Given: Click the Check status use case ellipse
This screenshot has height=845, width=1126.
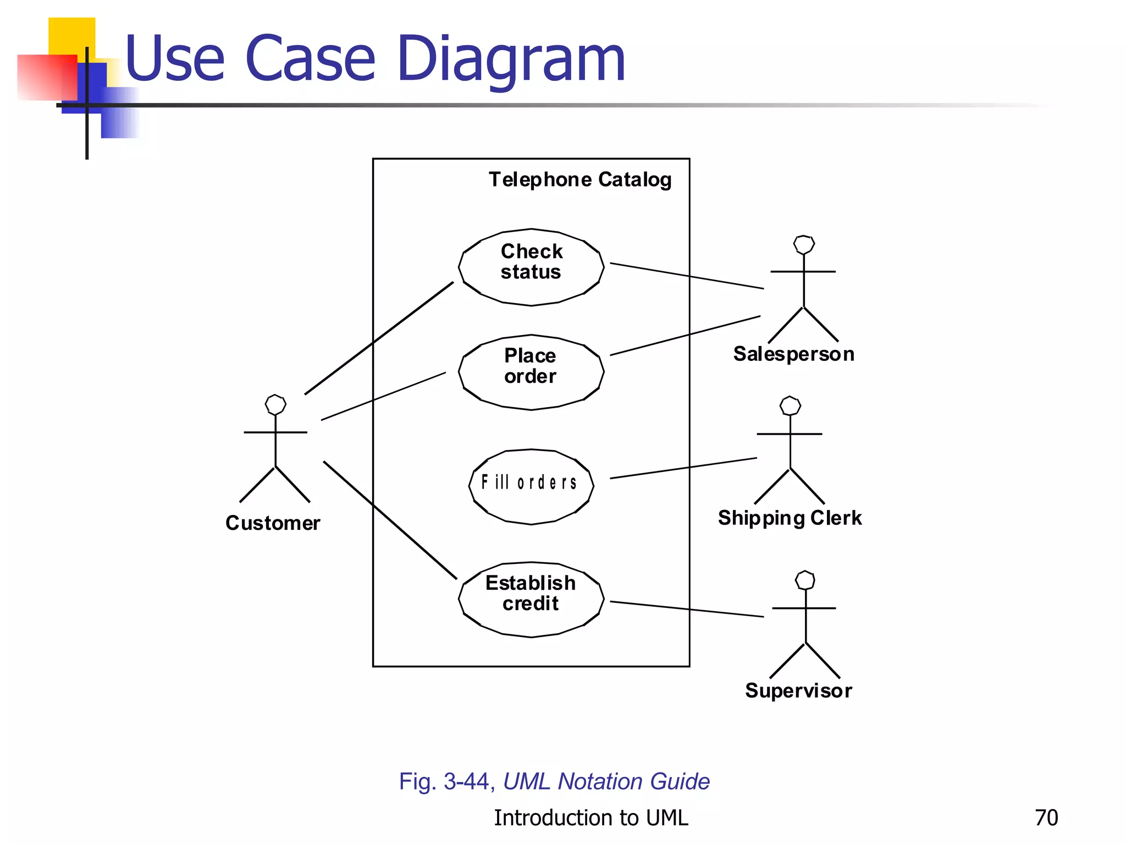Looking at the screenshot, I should point(531,267).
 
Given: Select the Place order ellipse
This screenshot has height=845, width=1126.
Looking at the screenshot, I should point(531,372).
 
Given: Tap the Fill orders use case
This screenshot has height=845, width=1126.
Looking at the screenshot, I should point(531,486).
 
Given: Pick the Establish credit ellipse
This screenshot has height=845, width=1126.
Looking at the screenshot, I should point(531,599).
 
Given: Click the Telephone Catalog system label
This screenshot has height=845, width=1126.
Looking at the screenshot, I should point(580,180).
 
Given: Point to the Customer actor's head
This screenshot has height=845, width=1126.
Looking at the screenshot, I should point(275,404).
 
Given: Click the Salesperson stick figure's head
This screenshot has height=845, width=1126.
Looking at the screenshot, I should point(804,245).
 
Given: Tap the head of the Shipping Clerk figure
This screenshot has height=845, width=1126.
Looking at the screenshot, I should point(790,406).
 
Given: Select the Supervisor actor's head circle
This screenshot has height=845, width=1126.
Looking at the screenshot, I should point(805,580).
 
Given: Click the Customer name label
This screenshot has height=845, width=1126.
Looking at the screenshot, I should point(273,523).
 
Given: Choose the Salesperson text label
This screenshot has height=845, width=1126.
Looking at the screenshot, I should point(794,354).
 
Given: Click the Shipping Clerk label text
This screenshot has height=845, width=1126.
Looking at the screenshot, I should point(790,518).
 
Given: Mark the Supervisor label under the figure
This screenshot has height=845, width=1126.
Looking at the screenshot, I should point(798,691).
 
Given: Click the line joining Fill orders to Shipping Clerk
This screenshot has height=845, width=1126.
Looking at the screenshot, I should point(683,468).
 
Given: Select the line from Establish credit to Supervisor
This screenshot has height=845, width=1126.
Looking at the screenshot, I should point(687,609).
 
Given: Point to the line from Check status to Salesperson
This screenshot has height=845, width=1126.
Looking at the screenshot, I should point(687,276).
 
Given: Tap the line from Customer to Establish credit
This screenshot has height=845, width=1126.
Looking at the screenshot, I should point(390,520).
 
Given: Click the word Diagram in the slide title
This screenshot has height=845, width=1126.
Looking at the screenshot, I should point(511,59).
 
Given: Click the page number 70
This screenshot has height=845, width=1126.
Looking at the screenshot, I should point(1046,818).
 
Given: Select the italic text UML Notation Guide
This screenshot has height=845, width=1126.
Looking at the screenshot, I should point(606,782).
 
